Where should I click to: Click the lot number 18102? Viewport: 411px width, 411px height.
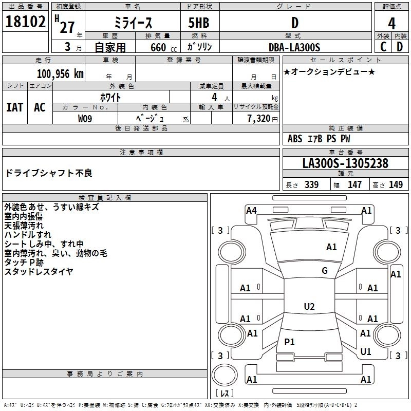click(x=25, y=22)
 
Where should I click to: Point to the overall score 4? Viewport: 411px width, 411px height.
click(x=391, y=23)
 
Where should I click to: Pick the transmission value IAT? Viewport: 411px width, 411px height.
click(x=15, y=107)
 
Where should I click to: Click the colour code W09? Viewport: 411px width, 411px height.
click(x=85, y=118)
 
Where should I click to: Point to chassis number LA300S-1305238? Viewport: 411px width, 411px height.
click(x=345, y=163)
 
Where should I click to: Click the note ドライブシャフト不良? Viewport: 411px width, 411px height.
click(x=48, y=173)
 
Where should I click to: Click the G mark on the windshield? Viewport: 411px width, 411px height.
click(x=325, y=271)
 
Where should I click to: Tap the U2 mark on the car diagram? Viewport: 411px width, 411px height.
click(x=309, y=307)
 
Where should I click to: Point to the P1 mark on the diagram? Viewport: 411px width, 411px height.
click(x=290, y=342)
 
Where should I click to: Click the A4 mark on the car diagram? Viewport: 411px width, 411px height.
click(x=251, y=210)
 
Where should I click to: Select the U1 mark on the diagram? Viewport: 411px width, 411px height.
click(x=366, y=352)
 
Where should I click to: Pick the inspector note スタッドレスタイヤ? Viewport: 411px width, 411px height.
click(x=39, y=271)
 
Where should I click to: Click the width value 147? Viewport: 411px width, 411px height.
click(x=355, y=185)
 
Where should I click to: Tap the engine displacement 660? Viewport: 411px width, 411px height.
click(x=158, y=47)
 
